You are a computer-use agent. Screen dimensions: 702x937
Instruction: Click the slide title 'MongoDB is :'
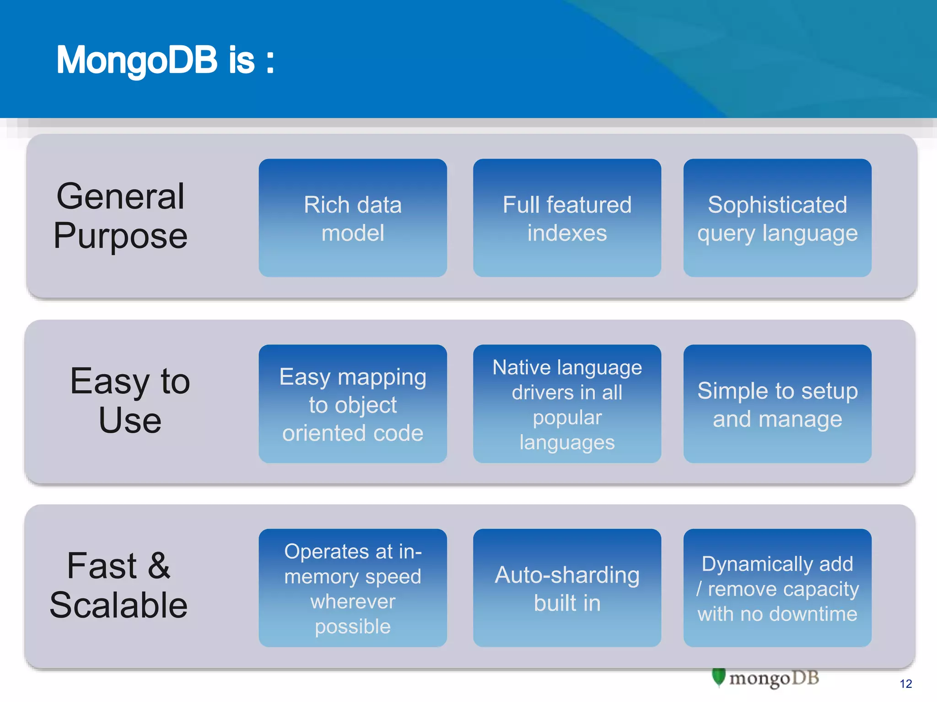click(165, 60)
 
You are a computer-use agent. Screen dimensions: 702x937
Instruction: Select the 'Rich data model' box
click(353, 218)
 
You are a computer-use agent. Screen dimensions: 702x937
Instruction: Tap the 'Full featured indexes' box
click(567, 218)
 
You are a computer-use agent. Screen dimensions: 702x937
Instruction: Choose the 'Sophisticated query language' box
click(777, 218)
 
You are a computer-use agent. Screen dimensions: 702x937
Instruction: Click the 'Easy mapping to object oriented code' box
click(353, 404)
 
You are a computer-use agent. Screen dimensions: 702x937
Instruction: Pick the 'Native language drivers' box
click(567, 404)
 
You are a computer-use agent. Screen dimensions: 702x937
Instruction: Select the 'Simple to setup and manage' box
click(777, 404)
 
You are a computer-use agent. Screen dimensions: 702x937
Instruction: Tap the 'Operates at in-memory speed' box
click(353, 588)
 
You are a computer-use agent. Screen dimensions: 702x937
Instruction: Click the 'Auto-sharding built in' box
click(567, 588)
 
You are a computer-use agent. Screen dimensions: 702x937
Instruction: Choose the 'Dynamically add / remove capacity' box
click(777, 588)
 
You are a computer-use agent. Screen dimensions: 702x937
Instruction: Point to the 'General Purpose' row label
click(120, 216)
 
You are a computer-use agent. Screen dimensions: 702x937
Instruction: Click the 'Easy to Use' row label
click(130, 400)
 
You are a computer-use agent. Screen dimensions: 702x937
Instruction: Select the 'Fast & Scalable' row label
click(118, 585)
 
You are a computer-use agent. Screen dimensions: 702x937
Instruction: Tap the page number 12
click(905, 684)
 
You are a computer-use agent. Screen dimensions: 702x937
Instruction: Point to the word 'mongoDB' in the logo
click(774, 678)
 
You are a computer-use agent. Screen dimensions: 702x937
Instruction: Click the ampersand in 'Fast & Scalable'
click(159, 566)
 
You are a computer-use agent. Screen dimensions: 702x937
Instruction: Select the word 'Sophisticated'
click(777, 204)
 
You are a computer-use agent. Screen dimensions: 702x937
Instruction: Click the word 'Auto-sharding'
click(567, 575)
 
